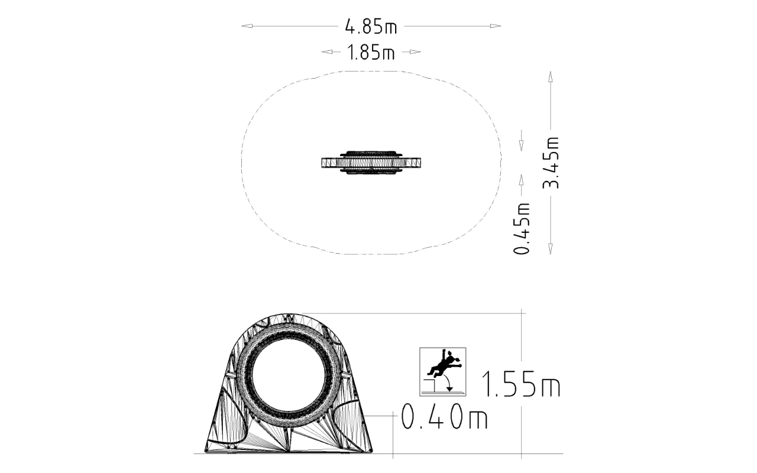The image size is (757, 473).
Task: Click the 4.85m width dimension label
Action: pyautogui.click(x=371, y=27)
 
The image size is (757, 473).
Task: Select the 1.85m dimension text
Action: pyautogui.click(x=371, y=53)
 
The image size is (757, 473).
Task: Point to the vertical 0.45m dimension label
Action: pyautogui.click(x=522, y=228)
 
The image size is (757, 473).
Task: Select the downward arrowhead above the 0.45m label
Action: pyautogui.click(x=521, y=145)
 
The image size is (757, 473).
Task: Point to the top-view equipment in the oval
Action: pyautogui.click(x=371, y=162)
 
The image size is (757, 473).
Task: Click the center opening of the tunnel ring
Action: pyautogui.click(x=290, y=378)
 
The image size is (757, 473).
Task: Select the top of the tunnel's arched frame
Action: pyautogui.click(x=290, y=315)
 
